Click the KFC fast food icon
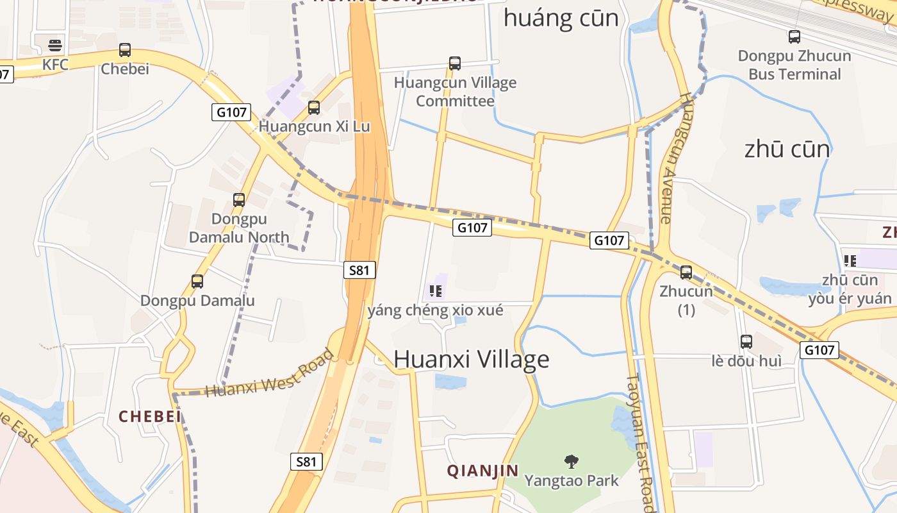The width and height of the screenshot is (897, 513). [x=55, y=46]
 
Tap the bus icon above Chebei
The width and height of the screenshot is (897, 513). [x=125, y=49]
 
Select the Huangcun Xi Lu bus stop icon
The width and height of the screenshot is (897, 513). [x=314, y=107]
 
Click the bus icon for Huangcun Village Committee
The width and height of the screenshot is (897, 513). [x=455, y=63]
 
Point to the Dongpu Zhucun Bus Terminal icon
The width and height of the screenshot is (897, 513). [x=794, y=37]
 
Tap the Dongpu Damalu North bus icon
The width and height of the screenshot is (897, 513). [x=239, y=199]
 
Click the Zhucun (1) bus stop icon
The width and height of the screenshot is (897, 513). [x=686, y=272]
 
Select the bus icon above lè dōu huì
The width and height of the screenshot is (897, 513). [x=746, y=341]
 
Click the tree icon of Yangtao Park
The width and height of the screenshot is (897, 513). [x=572, y=461]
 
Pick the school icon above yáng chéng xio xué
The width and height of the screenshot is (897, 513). [x=436, y=291]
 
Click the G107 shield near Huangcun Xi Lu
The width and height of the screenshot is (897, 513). [x=231, y=112]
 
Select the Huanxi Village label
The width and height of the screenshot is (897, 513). [x=472, y=359]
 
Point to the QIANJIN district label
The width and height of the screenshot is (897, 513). [x=482, y=471]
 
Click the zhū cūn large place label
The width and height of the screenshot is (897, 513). [x=787, y=149]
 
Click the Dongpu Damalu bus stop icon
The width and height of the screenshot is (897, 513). [x=197, y=281]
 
